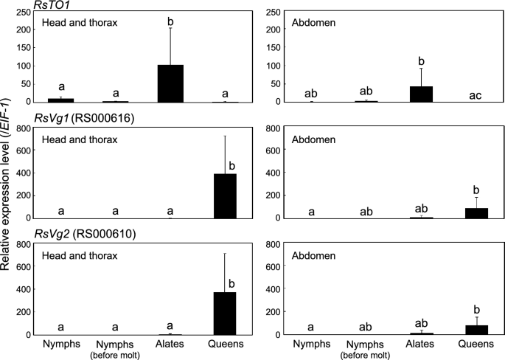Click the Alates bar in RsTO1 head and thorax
coord(171,83)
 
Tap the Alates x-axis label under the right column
coord(420,343)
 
